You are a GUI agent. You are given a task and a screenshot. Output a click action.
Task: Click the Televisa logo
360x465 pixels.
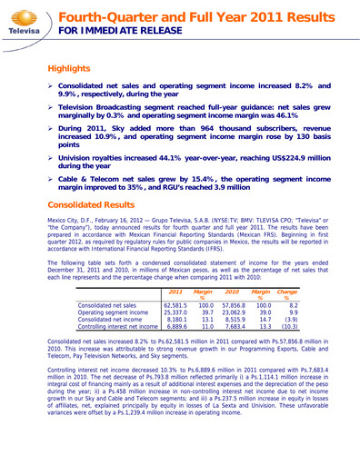point(25,21)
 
